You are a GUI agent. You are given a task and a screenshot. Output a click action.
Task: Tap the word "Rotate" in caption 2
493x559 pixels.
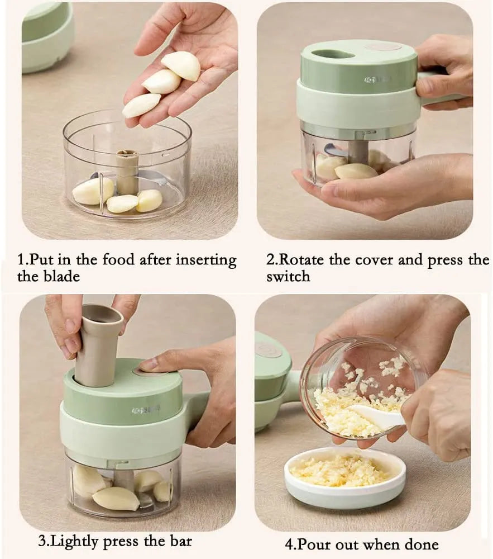pyautogui.click(x=304, y=260)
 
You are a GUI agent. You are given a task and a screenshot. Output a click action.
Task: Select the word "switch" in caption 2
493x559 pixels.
pyautogui.click(x=288, y=276)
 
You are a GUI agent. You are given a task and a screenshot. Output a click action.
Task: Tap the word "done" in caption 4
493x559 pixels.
pyautogui.click(x=419, y=544)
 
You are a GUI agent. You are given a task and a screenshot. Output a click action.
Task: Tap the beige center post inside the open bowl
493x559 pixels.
pyautogui.click(x=127, y=170)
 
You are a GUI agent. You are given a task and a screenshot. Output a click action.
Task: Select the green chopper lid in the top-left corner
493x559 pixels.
pyautogui.click(x=47, y=36)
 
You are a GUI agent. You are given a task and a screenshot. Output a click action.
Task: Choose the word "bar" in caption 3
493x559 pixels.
pyautogui.click(x=179, y=541)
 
